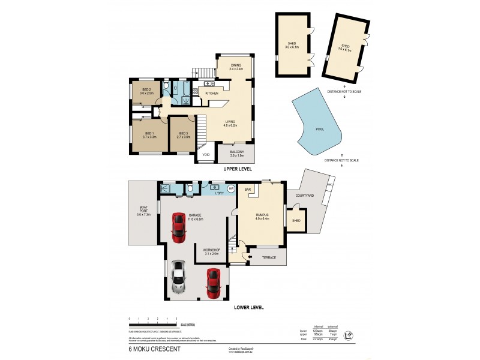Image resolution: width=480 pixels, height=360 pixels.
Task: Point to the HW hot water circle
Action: pyautogui.click(x=230, y=188)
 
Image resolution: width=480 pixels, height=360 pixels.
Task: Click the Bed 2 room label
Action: pyautogui.click(x=146, y=91)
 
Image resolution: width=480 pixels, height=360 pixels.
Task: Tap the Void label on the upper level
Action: pyautogui.click(x=206, y=154)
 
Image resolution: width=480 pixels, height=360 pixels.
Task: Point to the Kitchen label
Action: pyautogui.click(x=212, y=94)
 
